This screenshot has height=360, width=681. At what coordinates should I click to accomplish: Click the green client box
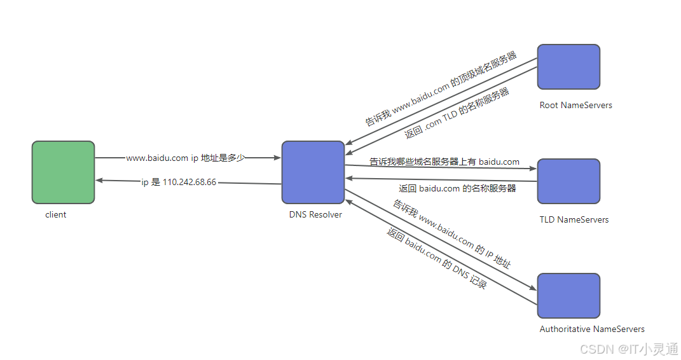(63, 172)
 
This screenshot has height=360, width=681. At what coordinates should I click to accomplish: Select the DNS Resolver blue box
(313, 172)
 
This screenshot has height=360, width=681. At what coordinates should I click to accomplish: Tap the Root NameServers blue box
(568, 67)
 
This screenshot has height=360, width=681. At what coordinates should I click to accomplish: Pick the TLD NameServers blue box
(568, 181)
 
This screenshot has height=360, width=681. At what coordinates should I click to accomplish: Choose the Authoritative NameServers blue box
(568, 296)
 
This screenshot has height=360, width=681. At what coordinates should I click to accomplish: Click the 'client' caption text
(56, 215)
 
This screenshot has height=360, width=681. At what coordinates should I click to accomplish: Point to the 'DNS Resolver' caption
(315, 215)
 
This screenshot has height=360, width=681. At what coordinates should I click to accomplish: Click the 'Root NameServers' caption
(575, 106)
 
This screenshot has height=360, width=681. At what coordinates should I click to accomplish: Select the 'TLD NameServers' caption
(574, 220)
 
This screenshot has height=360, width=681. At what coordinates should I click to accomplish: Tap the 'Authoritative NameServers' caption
(592, 329)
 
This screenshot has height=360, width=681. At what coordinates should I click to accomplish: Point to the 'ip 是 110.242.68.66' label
(179, 183)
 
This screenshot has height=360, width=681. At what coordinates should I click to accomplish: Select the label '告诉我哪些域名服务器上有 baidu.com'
(444, 162)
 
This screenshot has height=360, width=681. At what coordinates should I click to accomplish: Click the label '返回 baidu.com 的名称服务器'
(457, 189)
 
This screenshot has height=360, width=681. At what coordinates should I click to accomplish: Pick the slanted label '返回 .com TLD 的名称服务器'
(457, 114)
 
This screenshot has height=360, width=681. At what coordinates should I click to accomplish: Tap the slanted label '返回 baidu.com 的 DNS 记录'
(437, 259)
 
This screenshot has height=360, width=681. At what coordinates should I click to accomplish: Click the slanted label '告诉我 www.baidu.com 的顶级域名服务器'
(441, 88)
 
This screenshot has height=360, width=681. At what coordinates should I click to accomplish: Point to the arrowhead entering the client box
(99, 181)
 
